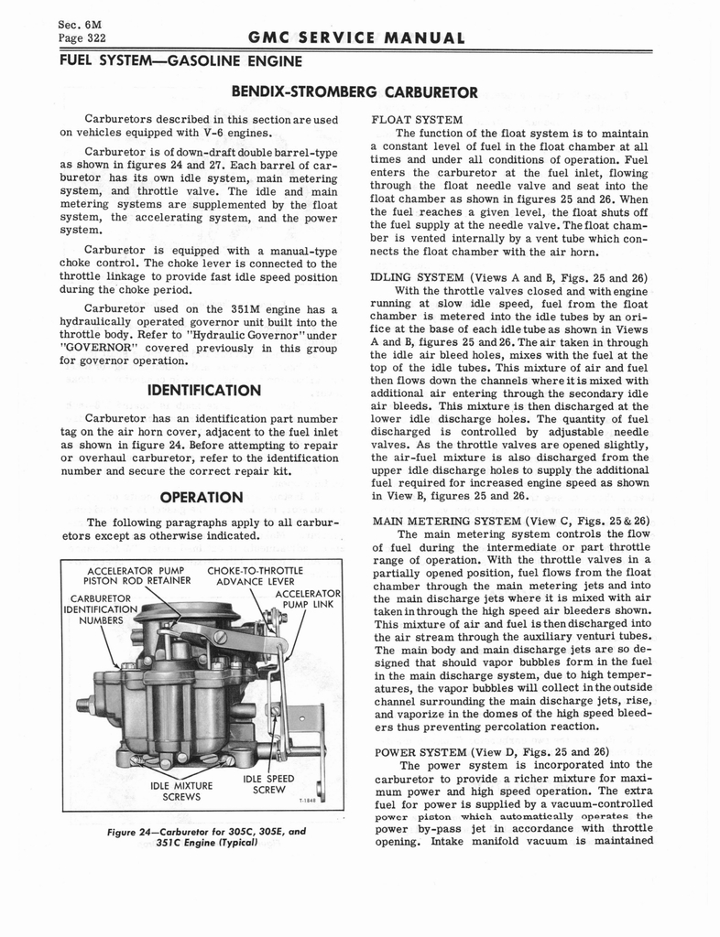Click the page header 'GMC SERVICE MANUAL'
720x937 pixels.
[358, 38]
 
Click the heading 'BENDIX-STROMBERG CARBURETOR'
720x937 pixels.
[355, 92]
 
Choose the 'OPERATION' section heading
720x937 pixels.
[201, 497]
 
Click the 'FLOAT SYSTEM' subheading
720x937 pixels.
[416, 120]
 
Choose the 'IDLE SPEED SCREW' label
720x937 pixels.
[268, 784]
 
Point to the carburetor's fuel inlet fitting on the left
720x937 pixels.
[85, 705]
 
